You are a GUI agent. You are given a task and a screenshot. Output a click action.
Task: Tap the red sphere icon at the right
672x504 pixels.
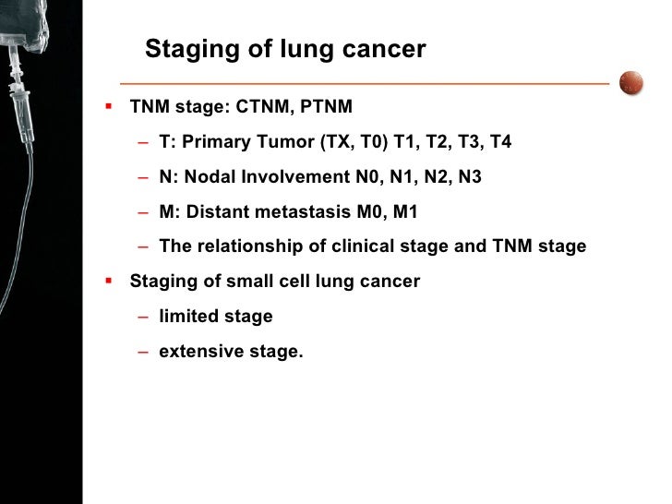coord(630,82)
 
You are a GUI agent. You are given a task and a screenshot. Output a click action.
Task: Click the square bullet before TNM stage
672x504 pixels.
coord(110,106)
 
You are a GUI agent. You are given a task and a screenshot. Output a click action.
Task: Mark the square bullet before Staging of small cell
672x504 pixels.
coord(110,281)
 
